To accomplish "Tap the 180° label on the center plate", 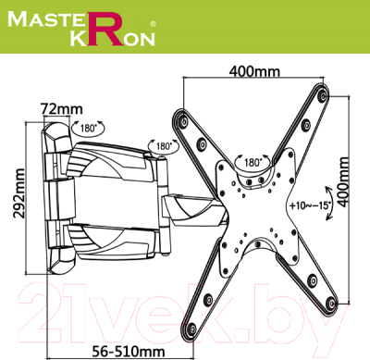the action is (x=250, y=162).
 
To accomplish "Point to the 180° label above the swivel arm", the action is (x=165, y=145).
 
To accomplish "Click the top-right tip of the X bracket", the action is (x=321, y=95).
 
